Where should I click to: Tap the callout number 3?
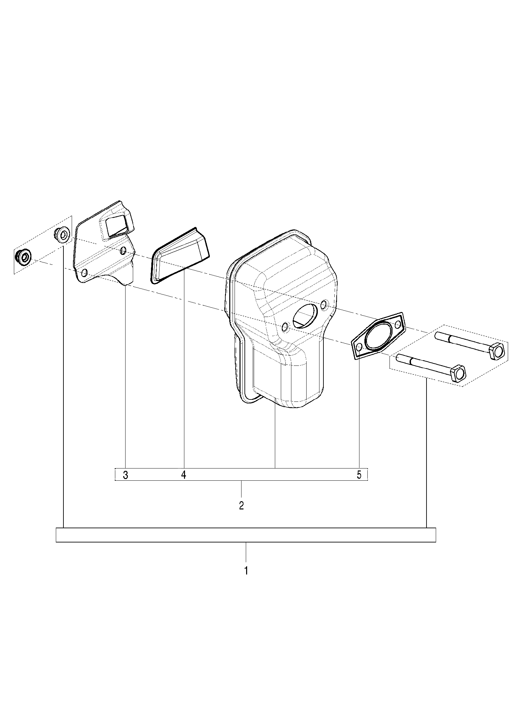click(125, 475)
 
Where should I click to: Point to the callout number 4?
click(184, 475)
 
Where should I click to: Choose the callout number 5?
click(359, 475)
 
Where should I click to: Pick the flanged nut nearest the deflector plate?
click(62, 234)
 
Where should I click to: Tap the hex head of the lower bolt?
click(460, 374)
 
